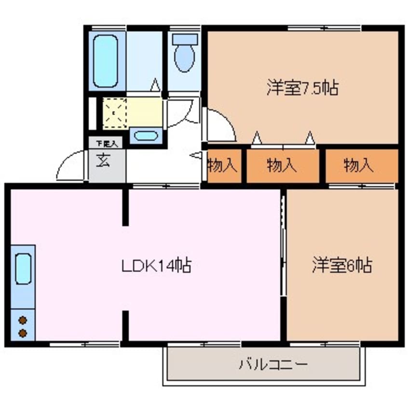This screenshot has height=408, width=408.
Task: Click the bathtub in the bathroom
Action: pos(105,60)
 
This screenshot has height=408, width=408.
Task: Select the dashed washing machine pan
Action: pos(114,113)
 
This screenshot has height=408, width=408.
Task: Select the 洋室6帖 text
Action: pos(341,265)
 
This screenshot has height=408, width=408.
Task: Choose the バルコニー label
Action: pos(272,363)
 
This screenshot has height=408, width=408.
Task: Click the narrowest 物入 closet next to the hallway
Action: pos(223,166)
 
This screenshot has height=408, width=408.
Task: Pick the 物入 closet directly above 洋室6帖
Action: pos(359,166)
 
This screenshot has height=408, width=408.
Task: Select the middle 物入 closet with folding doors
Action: pos(283,166)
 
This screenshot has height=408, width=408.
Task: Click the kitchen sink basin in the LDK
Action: pos(23,269)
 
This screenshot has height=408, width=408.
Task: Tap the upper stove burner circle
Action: pos(22,320)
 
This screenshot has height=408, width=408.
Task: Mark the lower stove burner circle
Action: pos(22,332)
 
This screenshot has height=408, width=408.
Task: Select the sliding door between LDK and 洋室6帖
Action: pos(284,246)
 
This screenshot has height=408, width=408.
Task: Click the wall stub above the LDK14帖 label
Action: pos(125,207)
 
